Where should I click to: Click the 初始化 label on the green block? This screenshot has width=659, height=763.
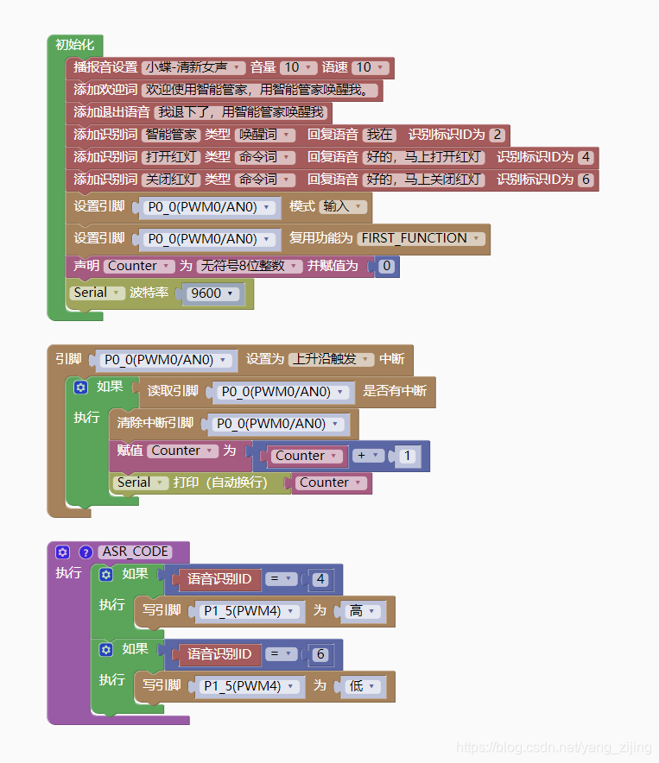click(x=75, y=45)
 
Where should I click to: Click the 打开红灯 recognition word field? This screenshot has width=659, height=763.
click(x=171, y=157)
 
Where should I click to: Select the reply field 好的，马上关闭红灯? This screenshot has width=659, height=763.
click(x=423, y=180)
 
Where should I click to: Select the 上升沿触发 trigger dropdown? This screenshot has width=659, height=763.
click(x=331, y=359)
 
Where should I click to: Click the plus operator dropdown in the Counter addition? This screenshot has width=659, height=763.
click(x=366, y=456)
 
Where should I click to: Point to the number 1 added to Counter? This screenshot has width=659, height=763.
click(x=408, y=456)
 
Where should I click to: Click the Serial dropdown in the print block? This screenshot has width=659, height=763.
click(x=139, y=483)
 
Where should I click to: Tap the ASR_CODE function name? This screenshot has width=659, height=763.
click(x=135, y=552)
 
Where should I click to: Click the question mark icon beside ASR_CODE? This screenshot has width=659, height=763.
click(x=86, y=552)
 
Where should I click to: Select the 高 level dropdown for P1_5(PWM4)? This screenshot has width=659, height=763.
click(x=361, y=611)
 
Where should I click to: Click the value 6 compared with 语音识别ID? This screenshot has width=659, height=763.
click(x=320, y=654)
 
